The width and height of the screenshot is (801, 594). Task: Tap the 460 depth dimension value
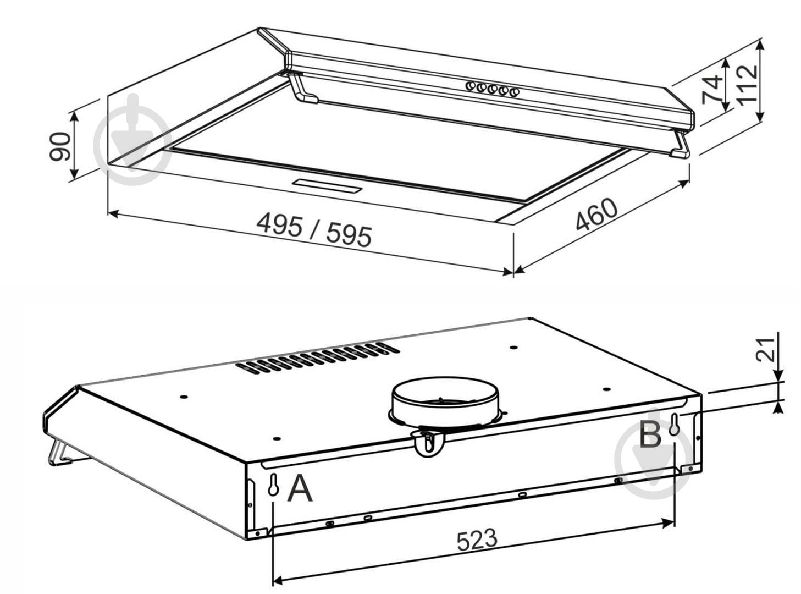pos(596,213)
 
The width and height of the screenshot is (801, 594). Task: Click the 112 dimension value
pos(747,84)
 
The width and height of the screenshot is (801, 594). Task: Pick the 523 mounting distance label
pos(477,540)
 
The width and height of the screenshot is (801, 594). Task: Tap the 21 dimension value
pos(766,347)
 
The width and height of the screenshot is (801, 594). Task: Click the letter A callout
pos(300,488)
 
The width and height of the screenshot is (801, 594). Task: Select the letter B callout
pos(650,436)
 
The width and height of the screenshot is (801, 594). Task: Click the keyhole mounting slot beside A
pos(273,486)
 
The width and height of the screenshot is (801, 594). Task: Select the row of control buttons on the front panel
pos(492,89)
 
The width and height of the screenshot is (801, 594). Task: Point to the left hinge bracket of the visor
pos(303,90)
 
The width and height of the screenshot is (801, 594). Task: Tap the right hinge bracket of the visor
pos(681,146)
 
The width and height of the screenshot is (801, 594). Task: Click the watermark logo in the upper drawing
pos(132,139)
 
